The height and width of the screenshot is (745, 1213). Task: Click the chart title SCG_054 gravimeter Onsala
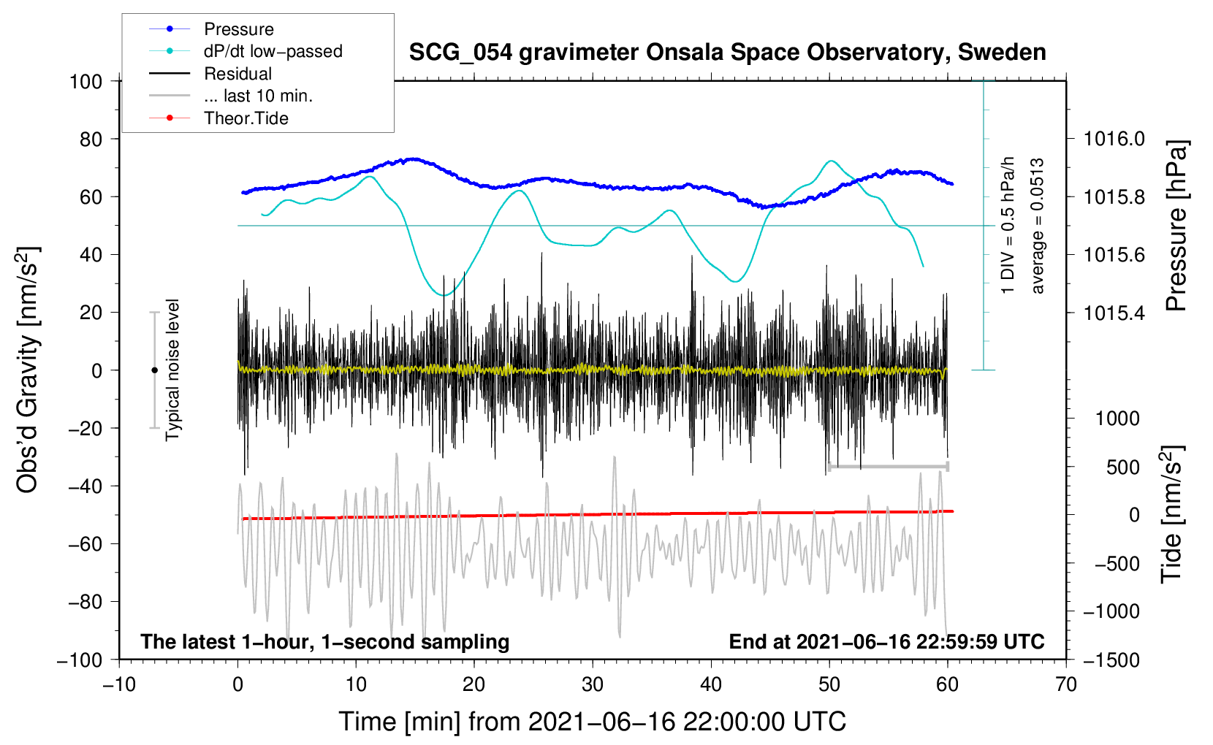click(x=727, y=53)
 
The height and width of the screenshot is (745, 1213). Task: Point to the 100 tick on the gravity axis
click(x=85, y=81)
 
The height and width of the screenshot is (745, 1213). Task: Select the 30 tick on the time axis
click(x=593, y=684)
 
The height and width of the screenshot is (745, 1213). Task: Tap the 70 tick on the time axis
click(x=1066, y=684)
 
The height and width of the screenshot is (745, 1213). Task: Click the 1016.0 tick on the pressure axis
click(x=1114, y=139)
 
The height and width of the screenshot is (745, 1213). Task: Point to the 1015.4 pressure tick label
click(x=1114, y=313)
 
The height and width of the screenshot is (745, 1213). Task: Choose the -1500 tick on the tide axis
click(x=1111, y=660)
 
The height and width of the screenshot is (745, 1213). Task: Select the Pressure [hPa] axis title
click(x=1176, y=226)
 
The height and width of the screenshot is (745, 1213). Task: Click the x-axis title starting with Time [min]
click(x=592, y=722)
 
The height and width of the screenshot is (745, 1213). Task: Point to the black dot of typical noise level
click(x=154, y=370)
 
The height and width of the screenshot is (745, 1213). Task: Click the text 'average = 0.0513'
click(x=1038, y=226)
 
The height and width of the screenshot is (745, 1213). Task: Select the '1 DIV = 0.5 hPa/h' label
click(x=1008, y=225)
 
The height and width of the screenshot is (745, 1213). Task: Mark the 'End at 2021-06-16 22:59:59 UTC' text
click(x=886, y=641)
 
